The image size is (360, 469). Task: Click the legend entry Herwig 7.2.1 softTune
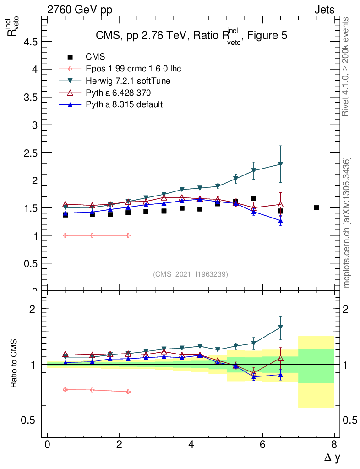tap(128, 81)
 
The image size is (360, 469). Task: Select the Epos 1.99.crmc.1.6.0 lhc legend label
tap(133, 69)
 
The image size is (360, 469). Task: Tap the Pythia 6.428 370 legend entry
tap(118, 93)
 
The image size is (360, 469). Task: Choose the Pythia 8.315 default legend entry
tap(124, 104)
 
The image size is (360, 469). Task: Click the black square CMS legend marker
tap(70, 57)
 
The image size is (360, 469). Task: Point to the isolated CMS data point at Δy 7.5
tap(316, 207)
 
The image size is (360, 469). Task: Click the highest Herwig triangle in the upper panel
tap(280, 164)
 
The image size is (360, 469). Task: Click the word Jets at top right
tap(324, 10)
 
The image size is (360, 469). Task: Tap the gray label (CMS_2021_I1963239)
tap(191, 274)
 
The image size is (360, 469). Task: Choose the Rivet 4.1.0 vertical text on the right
tap(346, 66)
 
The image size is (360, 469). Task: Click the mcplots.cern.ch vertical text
tap(347, 222)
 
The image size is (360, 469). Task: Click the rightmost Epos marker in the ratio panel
tap(128, 392)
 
